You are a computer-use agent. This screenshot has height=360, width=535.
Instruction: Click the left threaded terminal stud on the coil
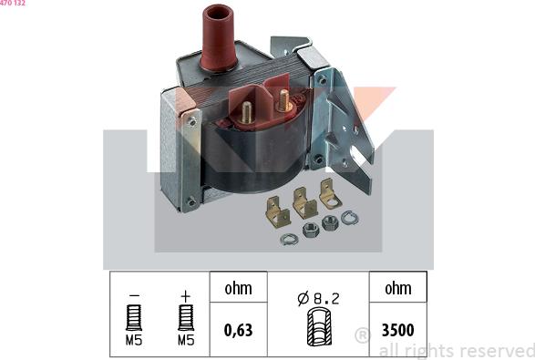[x=247, y=112]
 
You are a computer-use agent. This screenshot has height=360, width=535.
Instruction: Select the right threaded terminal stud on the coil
[x=283, y=98]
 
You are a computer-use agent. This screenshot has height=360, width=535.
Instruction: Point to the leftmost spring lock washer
[x=289, y=239]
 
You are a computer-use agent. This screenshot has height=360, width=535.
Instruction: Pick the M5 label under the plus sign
[x=186, y=340]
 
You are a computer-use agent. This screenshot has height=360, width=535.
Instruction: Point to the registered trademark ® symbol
[x=362, y=334]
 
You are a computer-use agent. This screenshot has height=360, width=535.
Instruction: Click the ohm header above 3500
[x=397, y=288]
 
